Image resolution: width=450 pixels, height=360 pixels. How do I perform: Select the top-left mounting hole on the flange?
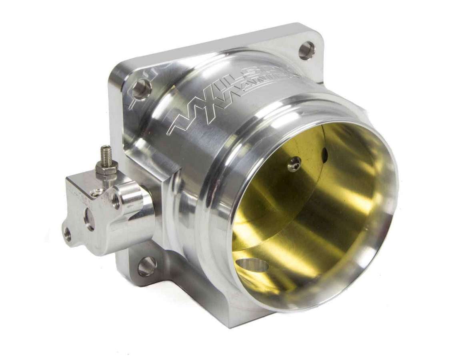(142, 89)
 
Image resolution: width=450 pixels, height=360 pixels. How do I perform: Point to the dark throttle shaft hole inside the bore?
(324, 155)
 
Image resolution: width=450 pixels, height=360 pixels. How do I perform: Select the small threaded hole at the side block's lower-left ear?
(68, 234)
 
